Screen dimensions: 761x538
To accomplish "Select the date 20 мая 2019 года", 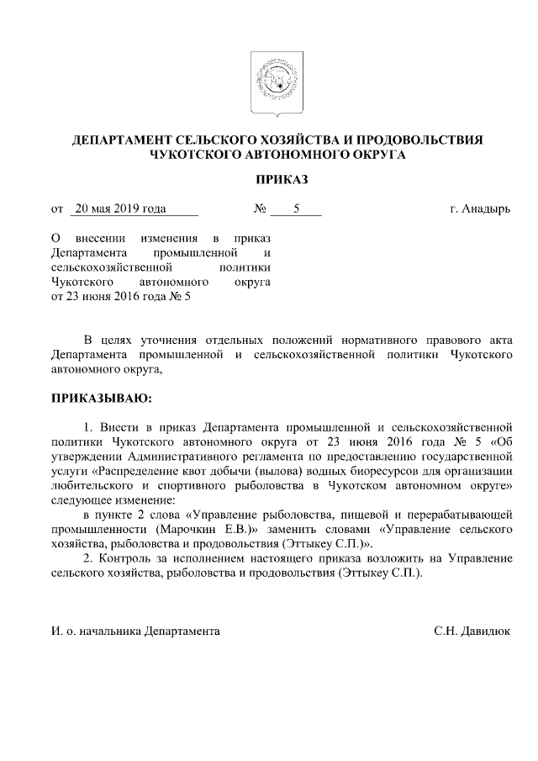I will [x=119, y=209].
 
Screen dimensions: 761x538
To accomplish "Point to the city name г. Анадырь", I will [x=479, y=209].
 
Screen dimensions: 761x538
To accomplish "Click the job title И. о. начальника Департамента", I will [x=136, y=630].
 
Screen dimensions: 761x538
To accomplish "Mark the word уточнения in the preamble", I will [x=176, y=340].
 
